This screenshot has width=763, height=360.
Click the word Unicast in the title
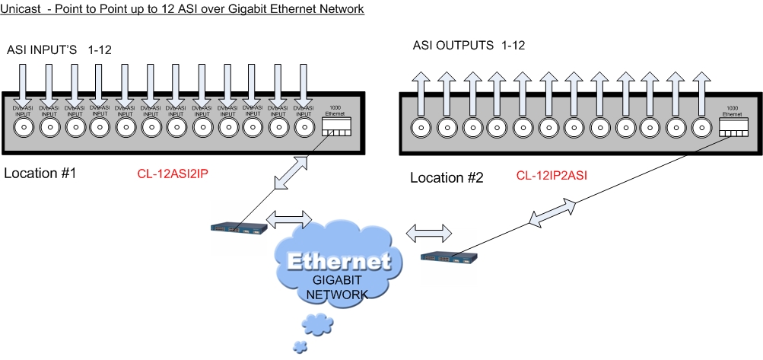click(x=21, y=9)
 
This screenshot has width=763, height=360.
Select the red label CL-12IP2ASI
click(x=552, y=176)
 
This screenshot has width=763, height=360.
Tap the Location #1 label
click(x=41, y=173)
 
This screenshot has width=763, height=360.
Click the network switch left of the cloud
click(x=240, y=226)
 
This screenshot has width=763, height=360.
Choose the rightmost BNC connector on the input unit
click(x=304, y=127)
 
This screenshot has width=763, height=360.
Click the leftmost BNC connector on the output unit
click(x=421, y=127)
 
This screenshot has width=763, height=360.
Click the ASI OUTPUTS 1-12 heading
click(x=469, y=46)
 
